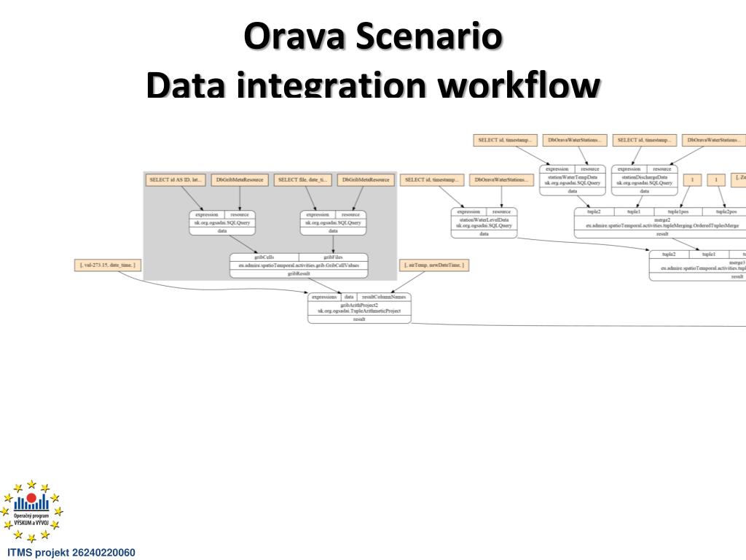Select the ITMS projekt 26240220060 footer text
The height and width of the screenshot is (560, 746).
(71, 552)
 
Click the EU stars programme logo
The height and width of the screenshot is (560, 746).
(31, 511)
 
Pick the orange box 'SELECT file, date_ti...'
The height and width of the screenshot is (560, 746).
(303, 179)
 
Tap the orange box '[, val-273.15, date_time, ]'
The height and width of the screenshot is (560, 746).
(108, 265)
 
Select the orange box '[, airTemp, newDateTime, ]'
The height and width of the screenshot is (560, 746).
(434, 265)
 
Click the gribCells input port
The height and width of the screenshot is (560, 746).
(264, 257)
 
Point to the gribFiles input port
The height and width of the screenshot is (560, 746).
(333, 257)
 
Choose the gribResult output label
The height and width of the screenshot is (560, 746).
(299, 273)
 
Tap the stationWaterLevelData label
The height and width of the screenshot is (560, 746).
(484, 219)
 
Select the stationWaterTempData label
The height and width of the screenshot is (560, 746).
(572, 176)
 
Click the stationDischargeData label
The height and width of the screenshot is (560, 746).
(644, 176)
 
